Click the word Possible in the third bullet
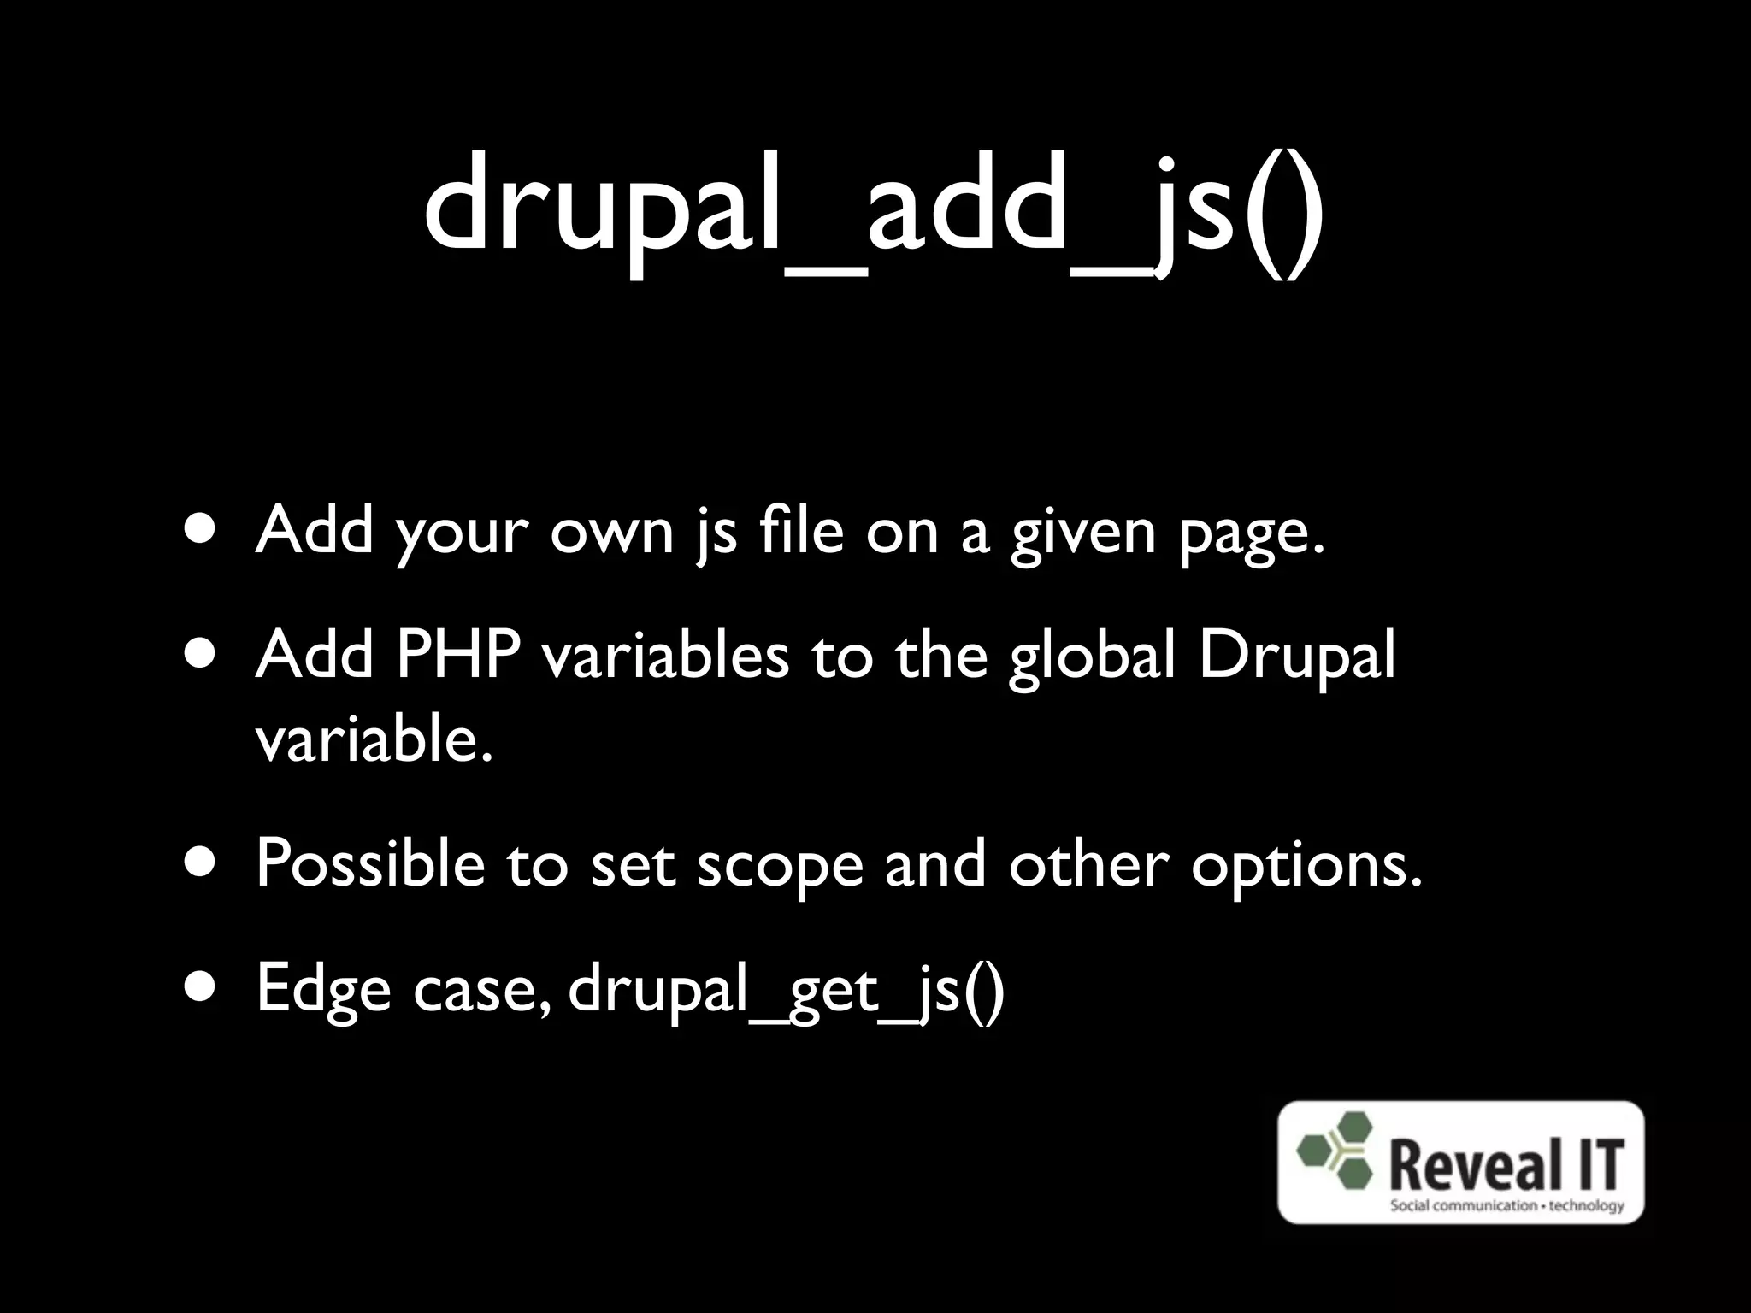point(369,865)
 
